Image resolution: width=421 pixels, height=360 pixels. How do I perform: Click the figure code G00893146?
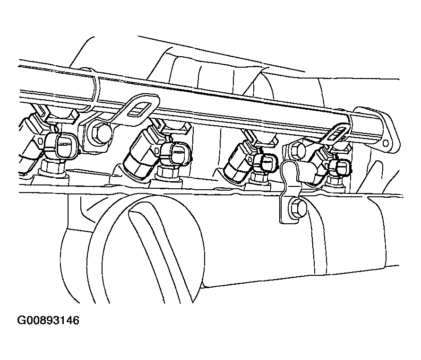tap(48, 321)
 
